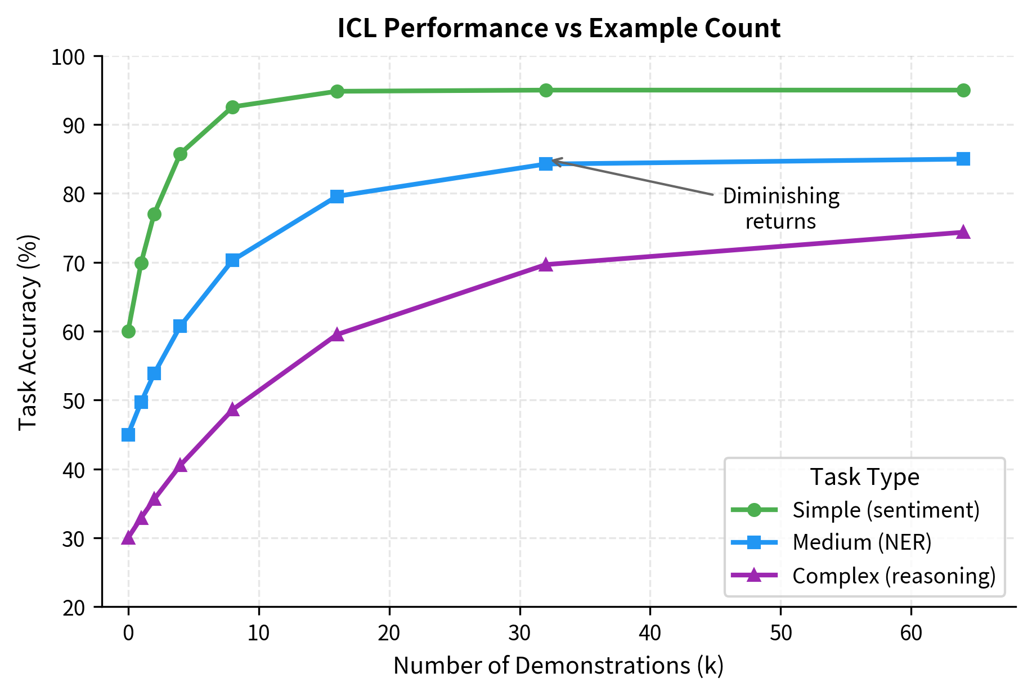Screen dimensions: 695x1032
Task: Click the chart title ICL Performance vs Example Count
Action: click(x=558, y=29)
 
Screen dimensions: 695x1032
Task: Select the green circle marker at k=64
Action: click(x=963, y=90)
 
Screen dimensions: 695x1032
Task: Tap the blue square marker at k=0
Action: click(x=128, y=435)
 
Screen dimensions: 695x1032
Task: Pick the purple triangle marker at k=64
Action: click(x=963, y=233)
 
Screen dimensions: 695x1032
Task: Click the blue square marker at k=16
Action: click(x=337, y=197)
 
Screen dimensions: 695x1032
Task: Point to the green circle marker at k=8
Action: click(x=232, y=107)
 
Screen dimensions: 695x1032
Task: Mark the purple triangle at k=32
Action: click(x=546, y=265)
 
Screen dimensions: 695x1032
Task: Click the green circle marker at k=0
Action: click(x=128, y=331)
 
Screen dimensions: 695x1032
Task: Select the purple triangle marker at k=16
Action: click(x=337, y=335)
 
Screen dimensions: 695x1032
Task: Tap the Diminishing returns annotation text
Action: click(x=780, y=208)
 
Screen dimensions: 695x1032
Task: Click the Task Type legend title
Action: click(x=864, y=477)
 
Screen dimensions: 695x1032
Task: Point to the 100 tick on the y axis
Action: click(x=68, y=57)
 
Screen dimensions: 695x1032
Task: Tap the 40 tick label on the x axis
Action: click(x=650, y=633)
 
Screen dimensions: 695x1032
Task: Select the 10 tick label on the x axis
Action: click(x=258, y=633)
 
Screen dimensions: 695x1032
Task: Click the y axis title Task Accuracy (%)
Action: click(x=28, y=332)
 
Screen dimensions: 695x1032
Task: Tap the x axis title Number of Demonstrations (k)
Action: click(x=558, y=666)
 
